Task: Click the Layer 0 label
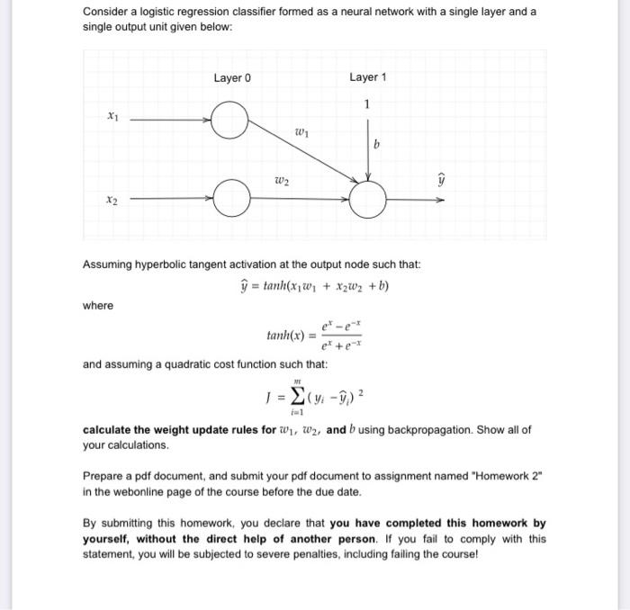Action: [232, 77]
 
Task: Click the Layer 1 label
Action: [367, 77]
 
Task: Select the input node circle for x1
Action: [230, 121]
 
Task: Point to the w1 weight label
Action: [301, 134]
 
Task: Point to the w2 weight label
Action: [282, 181]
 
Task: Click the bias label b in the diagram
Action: [377, 144]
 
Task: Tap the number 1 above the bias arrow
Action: [367, 103]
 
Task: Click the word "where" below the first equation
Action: [98, 306]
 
